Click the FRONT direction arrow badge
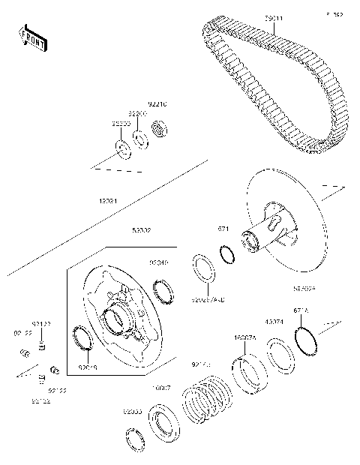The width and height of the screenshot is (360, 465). point(32,40)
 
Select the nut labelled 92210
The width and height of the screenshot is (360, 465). point(158,129)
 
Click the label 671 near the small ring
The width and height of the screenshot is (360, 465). point(223,228)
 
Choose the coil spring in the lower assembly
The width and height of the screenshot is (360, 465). point(207,402)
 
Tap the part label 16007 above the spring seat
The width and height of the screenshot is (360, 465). point(163,388)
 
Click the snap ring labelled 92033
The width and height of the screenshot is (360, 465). point(136,440)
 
